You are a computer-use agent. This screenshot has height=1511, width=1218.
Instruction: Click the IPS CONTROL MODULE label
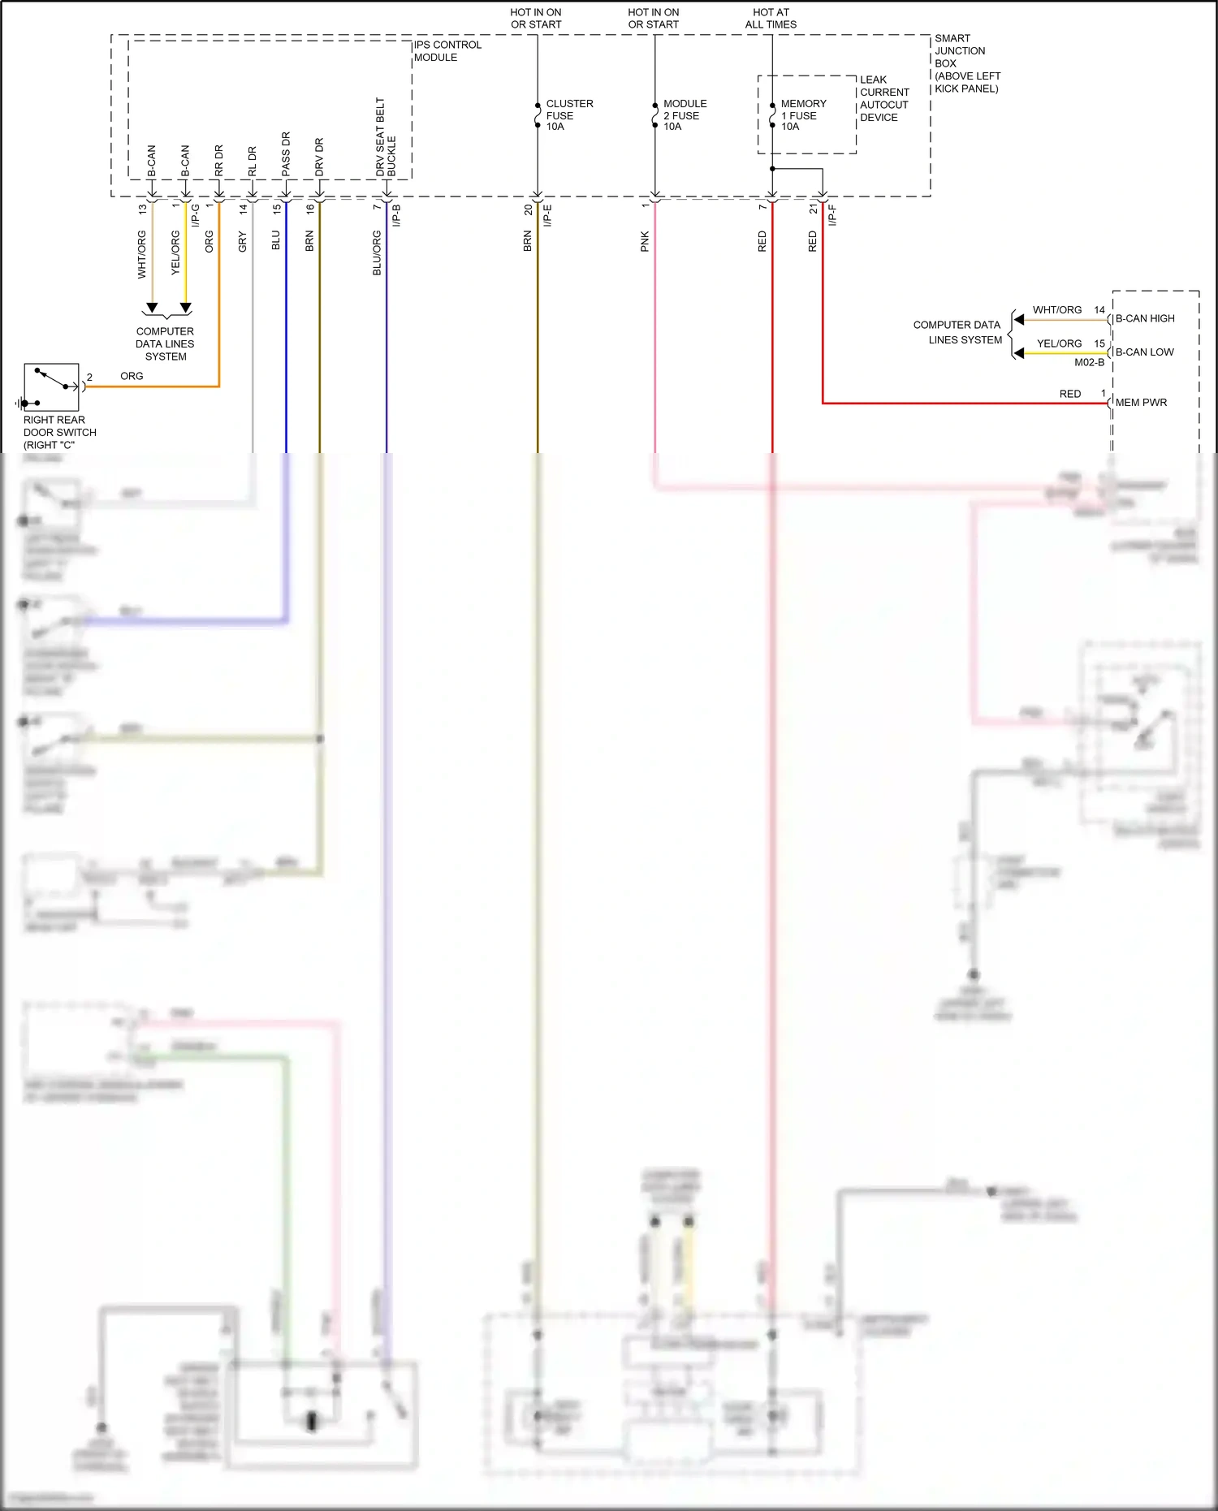click(447, 51)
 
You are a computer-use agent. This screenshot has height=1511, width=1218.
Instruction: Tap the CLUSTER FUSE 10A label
click(568, 115)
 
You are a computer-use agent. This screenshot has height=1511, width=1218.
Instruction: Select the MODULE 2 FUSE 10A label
click(685, 115)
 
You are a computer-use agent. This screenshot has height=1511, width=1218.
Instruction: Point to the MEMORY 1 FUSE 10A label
click(803, 115)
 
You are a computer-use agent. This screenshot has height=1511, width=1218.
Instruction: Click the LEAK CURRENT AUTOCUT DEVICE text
click(883, 98)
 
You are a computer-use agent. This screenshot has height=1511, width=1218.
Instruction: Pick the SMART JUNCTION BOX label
click(965, 63)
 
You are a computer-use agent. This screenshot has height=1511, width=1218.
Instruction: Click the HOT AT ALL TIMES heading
click(771, 19)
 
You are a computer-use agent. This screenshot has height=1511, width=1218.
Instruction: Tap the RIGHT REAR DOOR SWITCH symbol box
click(52, 387)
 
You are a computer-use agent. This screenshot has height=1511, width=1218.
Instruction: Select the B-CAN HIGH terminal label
click(1144, 318)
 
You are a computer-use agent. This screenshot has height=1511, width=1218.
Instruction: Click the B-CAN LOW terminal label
click(1144, 352)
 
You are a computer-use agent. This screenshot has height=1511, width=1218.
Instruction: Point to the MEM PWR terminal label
click(1141, 402)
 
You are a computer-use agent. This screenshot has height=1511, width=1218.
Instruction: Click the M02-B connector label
click(1089, 362)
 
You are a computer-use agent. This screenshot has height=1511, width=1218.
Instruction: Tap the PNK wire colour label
click(645, 241)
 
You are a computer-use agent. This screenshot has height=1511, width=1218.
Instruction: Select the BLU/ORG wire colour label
click(377, 253)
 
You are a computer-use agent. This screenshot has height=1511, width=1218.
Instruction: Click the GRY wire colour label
click(242, 241)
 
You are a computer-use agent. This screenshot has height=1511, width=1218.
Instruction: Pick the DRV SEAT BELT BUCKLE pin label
click(386, 138)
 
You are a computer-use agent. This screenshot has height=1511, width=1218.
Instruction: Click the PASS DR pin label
click(286, 154)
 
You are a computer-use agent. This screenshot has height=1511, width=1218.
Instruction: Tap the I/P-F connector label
click(832, 215)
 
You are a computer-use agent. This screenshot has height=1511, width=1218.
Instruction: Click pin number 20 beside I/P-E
click(528, 209)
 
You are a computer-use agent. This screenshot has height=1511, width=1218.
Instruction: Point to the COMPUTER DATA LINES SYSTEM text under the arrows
click(165, 343)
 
